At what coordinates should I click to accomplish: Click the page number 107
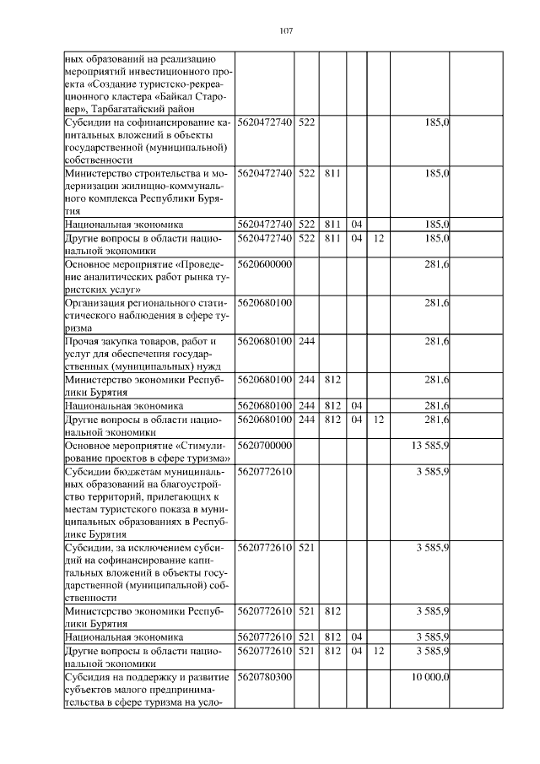[x=285, y=31]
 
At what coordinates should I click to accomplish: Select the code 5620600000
[x=265, y=264]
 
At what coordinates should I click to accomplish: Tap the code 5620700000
[x=265, y=445]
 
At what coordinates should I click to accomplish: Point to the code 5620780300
[x=265, y=677]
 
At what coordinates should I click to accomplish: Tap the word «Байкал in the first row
[x=174, y=96]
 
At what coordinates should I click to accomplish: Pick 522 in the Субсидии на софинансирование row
[x=306, y=123]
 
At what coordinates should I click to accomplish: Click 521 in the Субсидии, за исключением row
[x=306, y=548]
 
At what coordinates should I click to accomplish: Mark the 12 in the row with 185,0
[x=379, y=239]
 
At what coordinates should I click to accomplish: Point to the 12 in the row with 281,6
[x=379, y=420]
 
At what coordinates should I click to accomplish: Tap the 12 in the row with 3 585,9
[x=379, y=652]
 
